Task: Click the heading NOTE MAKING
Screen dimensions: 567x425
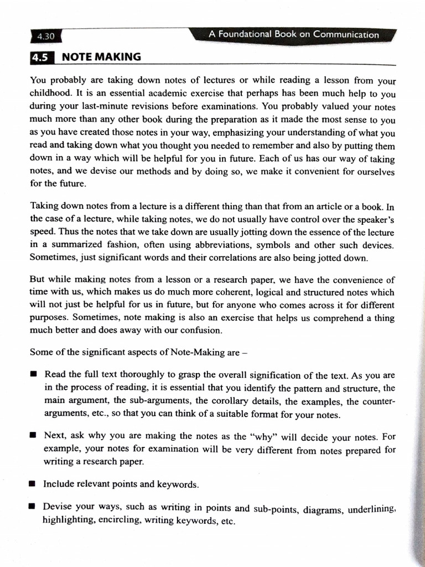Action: (x=101, y=57)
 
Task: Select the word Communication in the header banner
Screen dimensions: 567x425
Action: (x=346, y=34)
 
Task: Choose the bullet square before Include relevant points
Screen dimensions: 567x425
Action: (x=33, y=484)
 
